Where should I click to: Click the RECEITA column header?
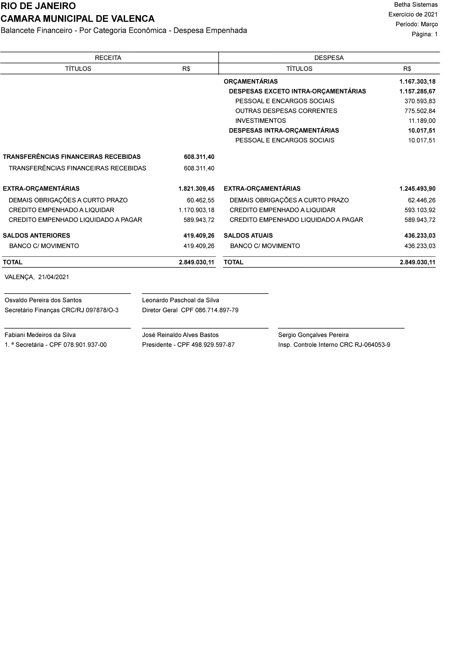pyautogui.click(x=108, y=58)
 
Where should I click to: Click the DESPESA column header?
pyautogui.click(x=329, y=58)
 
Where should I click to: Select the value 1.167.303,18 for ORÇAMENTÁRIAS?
pyautogui.click(x=417, y=82)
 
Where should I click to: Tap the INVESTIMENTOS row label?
pyautogui.click(x=260, y=121)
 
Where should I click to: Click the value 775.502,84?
pyautogui.click(x=420, y=111)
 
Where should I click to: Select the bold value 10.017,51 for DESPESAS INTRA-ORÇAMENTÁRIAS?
pyautogui.click(x=421, y=131)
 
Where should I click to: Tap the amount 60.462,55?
pyautogui.click(x=200, y=200)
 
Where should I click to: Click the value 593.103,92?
pyautogui.click(x=420, y=210)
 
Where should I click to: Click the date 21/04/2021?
pyautogui.click(x=54, y=277)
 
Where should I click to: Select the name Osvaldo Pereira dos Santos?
pyautogui.click(x=43, y=300)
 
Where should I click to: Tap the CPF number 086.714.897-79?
pyautogui.click(x=217, y=310)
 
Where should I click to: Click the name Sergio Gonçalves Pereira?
pyautogui.click(x=313, y=335)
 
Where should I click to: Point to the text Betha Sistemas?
pyautogui.click(x=416, y=5)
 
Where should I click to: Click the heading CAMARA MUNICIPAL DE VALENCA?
pyautogui.click(x=78, y=19)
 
